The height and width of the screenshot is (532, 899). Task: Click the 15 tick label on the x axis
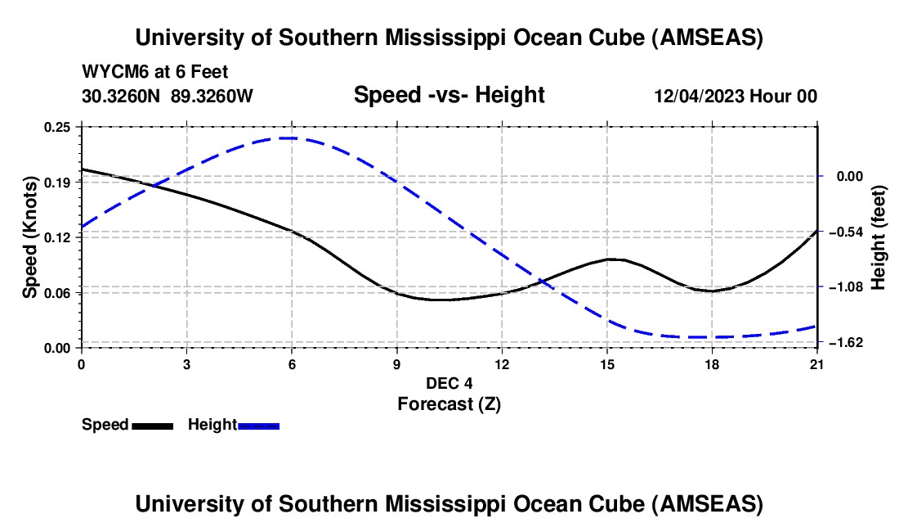606,363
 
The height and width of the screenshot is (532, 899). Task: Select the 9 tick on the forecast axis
396,363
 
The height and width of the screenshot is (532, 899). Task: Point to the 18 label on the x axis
712,363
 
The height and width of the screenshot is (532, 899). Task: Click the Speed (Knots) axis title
30,237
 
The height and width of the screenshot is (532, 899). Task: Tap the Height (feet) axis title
879,237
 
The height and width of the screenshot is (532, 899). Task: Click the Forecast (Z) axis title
449,404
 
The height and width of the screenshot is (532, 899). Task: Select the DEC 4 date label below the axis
449,382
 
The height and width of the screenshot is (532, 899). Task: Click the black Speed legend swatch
152,425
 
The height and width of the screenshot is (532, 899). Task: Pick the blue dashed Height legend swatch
258,425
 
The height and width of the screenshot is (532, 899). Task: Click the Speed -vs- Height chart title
449,95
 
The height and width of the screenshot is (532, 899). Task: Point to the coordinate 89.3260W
212,96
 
